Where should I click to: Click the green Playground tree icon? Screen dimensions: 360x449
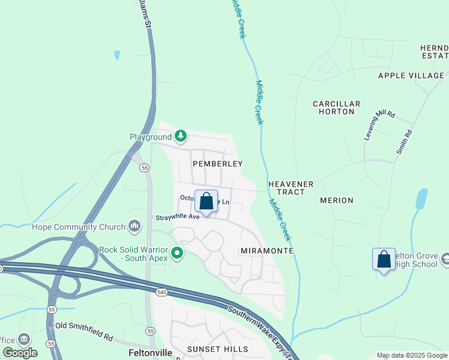click(x=181, y=136)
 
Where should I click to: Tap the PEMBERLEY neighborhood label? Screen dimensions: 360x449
click(x=217, y=164)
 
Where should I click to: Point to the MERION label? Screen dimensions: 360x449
click(x=337, y=200)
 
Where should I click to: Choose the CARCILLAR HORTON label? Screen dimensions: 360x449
click(x=337, y=108)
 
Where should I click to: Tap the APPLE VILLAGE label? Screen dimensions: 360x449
click(x=411, y=76)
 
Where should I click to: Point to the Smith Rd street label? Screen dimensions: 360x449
click(x=404, y=142)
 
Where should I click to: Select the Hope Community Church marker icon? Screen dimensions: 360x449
click(x=134, y=226)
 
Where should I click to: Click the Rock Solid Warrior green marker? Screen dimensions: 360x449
click(x=176, y=253)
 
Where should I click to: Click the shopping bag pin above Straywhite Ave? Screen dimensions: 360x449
click(x=206, y=202)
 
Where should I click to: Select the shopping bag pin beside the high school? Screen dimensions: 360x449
click(x=384, y=260)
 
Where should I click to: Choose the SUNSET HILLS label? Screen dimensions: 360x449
click(x=217, y=349)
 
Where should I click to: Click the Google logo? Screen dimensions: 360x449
click(x=20, y=353)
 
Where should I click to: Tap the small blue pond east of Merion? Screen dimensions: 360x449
click(x=421, y=199)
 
